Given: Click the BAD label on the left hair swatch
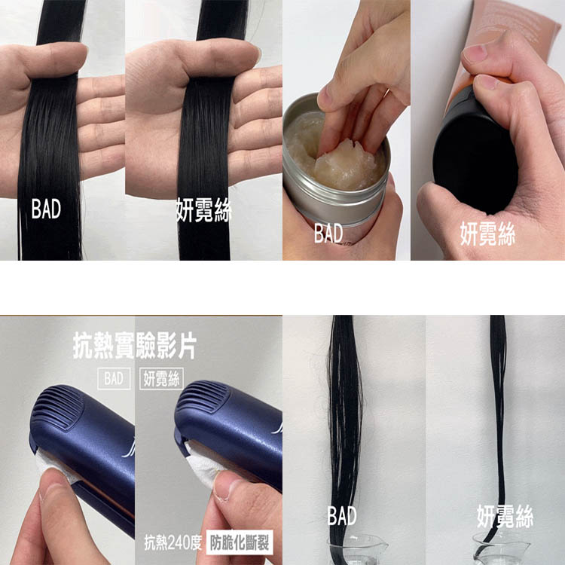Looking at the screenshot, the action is (46, 209).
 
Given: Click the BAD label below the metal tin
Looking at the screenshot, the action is (328, 233).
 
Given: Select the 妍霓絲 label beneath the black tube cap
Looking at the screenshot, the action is (487, 234).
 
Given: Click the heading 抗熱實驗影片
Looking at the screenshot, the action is (135, 346).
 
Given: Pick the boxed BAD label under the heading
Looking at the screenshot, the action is (114, 379).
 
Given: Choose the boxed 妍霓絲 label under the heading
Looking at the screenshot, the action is (161, 379).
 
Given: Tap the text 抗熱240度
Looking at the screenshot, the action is (173, 542).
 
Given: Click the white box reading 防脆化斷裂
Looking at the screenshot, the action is (240, 542).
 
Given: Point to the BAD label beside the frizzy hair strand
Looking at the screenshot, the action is (342, 515).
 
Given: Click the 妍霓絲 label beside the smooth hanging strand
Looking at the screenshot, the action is (505, 516).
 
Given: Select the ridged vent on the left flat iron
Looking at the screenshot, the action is (58, 407).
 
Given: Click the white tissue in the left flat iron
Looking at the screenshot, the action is (54, 465).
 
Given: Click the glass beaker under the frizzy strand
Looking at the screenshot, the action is (357, 549).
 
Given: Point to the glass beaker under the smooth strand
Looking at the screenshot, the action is (501, 549).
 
